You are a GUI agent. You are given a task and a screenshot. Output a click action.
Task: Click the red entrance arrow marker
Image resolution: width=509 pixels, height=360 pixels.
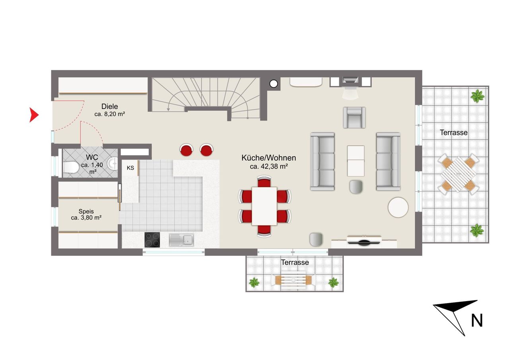tap(34, 115)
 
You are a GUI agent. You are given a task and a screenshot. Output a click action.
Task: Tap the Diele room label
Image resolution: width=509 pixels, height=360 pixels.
tap(109, 106)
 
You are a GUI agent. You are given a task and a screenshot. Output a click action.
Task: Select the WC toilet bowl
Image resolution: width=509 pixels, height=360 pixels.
tap(71, 167)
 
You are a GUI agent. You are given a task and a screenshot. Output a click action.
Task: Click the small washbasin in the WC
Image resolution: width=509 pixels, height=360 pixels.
tap(113, 163)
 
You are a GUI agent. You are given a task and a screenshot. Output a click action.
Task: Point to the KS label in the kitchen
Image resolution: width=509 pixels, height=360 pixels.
tap(130, 168)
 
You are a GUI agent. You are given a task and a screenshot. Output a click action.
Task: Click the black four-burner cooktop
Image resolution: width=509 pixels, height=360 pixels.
tap(152, 240)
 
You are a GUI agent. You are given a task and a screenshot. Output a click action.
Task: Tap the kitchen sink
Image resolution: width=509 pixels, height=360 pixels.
tap(181, 240)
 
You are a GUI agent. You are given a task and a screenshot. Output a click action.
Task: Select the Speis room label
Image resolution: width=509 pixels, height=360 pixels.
tap(86, 211)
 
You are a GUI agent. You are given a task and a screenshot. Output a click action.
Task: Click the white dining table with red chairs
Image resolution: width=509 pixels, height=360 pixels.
tap(264, 206)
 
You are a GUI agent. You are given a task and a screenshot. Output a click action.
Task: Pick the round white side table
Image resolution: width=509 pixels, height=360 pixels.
tap(398, 207)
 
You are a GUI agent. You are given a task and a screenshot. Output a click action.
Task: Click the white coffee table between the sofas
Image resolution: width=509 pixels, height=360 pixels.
tap(356, 161)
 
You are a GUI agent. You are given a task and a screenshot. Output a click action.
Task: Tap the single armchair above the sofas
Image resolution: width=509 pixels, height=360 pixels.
tap(354, 117)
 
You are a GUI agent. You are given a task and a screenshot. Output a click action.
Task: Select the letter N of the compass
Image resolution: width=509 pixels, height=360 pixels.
tap(477, 321)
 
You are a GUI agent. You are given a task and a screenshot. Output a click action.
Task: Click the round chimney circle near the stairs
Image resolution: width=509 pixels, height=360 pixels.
tap(274, 84)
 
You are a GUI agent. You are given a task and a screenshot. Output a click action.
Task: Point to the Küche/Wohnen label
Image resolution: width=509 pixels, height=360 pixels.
tap(268, 158)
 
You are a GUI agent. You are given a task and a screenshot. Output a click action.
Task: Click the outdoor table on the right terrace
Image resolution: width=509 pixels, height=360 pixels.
tap(458, 174)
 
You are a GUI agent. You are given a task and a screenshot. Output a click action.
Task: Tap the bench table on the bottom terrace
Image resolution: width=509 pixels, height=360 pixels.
tap(293, 280)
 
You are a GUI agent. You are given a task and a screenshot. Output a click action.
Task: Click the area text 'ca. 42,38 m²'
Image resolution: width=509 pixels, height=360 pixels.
tap(269, 167)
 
